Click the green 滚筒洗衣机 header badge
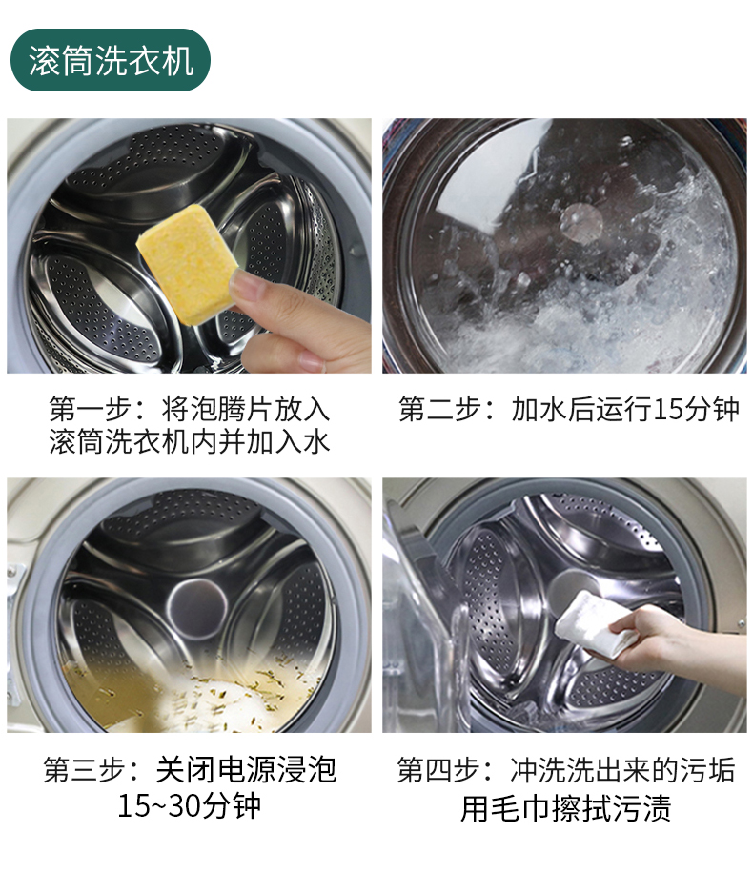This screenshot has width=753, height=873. click(111, 60)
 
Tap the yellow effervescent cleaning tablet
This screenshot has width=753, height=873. click(187, 263)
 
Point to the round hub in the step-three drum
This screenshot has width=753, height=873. click(197, 608)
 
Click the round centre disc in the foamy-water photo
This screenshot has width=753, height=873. click(580, 223)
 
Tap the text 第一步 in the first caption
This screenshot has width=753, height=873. click(91, 409)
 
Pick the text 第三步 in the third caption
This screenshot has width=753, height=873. click(85, 770)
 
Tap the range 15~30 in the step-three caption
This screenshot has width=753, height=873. click(159, 805)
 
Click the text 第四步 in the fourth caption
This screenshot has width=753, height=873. click(438, 770)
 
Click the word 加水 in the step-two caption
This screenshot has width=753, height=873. click(539, 409)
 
